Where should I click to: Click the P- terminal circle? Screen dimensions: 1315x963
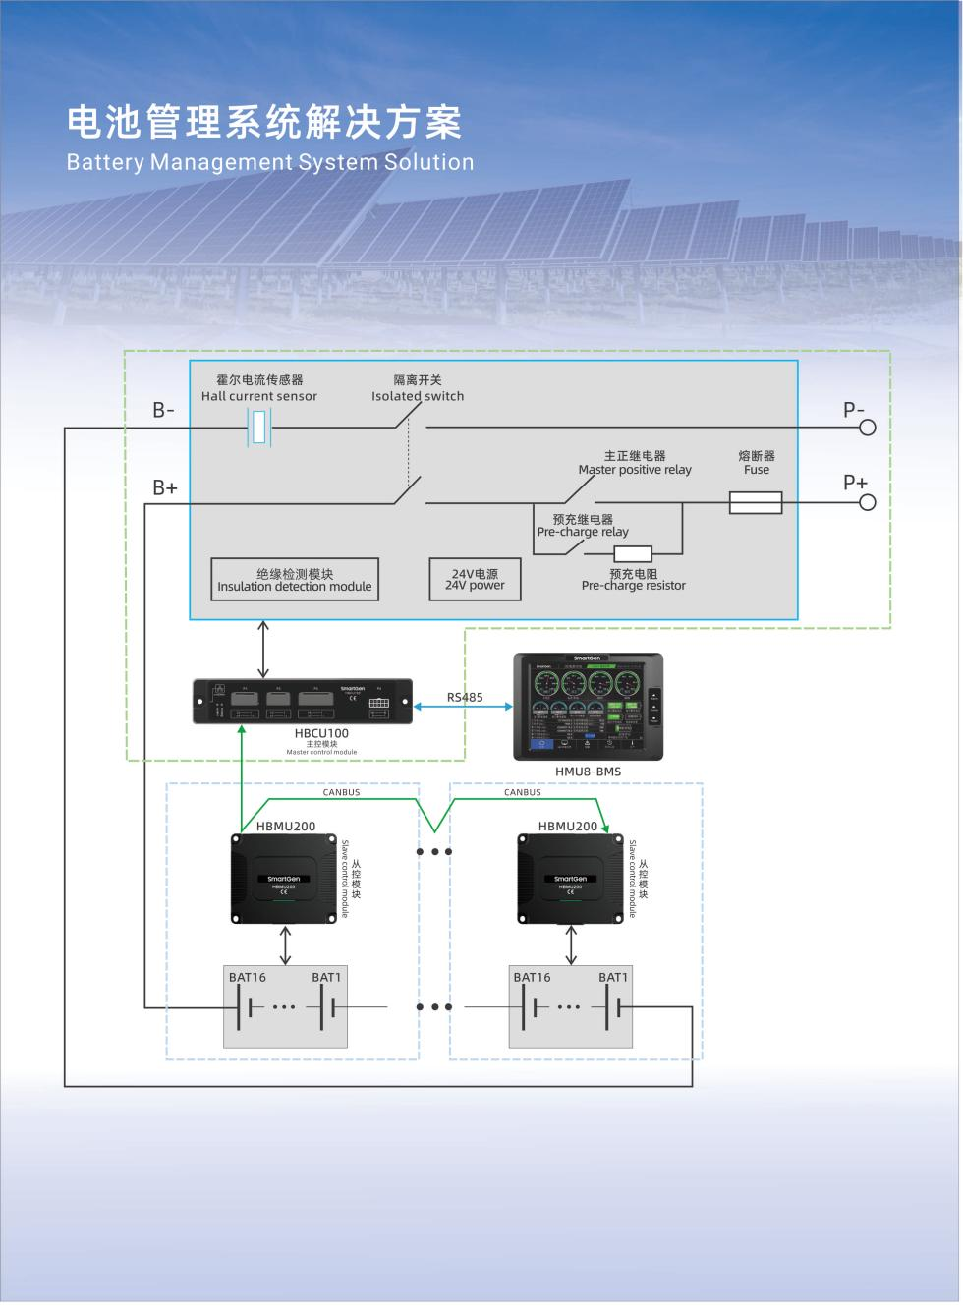tap(868, 428)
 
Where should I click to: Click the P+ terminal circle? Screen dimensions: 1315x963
tap(868, 503)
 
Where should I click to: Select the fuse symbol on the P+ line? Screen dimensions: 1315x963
tap(756, 503)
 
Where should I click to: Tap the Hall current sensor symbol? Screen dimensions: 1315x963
tap(258, 428)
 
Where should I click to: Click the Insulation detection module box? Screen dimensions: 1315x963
tap(295, 580)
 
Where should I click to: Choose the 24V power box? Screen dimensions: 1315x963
tap(475, 580)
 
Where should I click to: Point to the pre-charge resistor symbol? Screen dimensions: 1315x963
tap(633, 554)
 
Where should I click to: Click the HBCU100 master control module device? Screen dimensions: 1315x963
tap(303, 701)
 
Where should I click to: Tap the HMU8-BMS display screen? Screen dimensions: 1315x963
tap(588, 707)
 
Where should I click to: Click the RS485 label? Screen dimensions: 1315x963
tap(465, 697)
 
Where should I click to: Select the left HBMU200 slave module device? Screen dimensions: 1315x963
tap(285, 879)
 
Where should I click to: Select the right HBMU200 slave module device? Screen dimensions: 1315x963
tap(571, 879)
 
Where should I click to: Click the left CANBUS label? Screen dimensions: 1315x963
tap(341, 792)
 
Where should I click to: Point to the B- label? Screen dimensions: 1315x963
tap(163, 411)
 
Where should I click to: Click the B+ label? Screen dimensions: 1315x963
tap(164, 487)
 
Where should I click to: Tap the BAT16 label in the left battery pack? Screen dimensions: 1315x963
tap(248, 977)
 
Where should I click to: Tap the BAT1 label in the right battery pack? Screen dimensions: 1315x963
tap(613, 977)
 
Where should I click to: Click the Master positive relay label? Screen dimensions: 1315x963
tap(635, 470)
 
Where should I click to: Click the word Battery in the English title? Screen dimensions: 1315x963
tap(104, 163)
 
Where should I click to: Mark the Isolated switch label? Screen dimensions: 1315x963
tap(418, 396)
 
